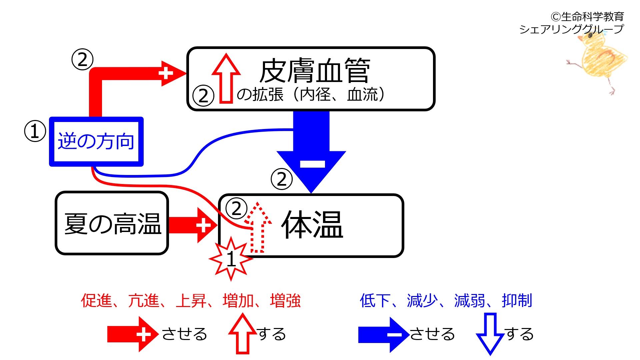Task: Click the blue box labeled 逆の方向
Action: [96, 141]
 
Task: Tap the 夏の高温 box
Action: [112, 223]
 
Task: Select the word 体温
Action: [312, 225]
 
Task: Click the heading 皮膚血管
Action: [315, 71]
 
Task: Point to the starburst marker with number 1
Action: [231, 259]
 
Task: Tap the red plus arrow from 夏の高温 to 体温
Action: [193, 225]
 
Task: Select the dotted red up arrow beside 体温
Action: [258, 228]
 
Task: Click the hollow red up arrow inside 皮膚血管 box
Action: [226, 78]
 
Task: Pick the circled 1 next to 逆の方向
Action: [35, 131]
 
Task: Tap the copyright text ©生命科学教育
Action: [587, 16]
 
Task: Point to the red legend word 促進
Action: [96, 301]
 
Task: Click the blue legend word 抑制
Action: [517, 301]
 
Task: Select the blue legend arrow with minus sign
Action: [383, 334]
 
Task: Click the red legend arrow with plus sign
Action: [133, 334]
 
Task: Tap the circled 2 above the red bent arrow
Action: [82, 60]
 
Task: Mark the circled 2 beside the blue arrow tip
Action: [282, 179]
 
